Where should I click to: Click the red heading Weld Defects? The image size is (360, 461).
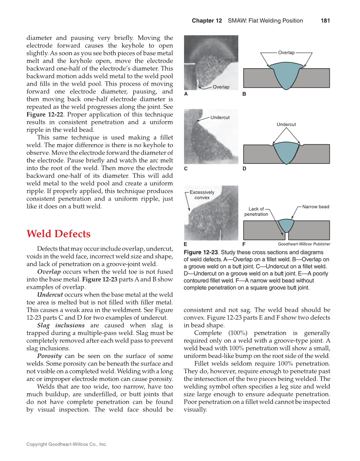click(x=59, y=234)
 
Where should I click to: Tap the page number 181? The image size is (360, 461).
click(x=325, y=20)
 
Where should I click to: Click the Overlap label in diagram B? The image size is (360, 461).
click(x=286, y=53)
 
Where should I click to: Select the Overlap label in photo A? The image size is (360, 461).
click(x=221, y=87)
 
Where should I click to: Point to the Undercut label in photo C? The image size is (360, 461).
click(x=220, y=117)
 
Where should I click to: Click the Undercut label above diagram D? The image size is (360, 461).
click(x=286, y=124)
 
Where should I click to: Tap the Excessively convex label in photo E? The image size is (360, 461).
click(x=202, y=195)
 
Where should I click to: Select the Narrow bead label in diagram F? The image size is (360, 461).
click(x=316, y=207)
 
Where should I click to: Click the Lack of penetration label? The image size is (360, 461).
click(x=256, y=212)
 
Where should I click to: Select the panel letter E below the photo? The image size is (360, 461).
click(x=186, y=244)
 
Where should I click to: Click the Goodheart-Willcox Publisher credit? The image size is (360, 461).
click(x=304, y=244)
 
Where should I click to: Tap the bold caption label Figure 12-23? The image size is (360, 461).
click(x=201, y=252)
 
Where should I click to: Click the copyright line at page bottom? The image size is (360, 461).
click(x=67, y=444)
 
